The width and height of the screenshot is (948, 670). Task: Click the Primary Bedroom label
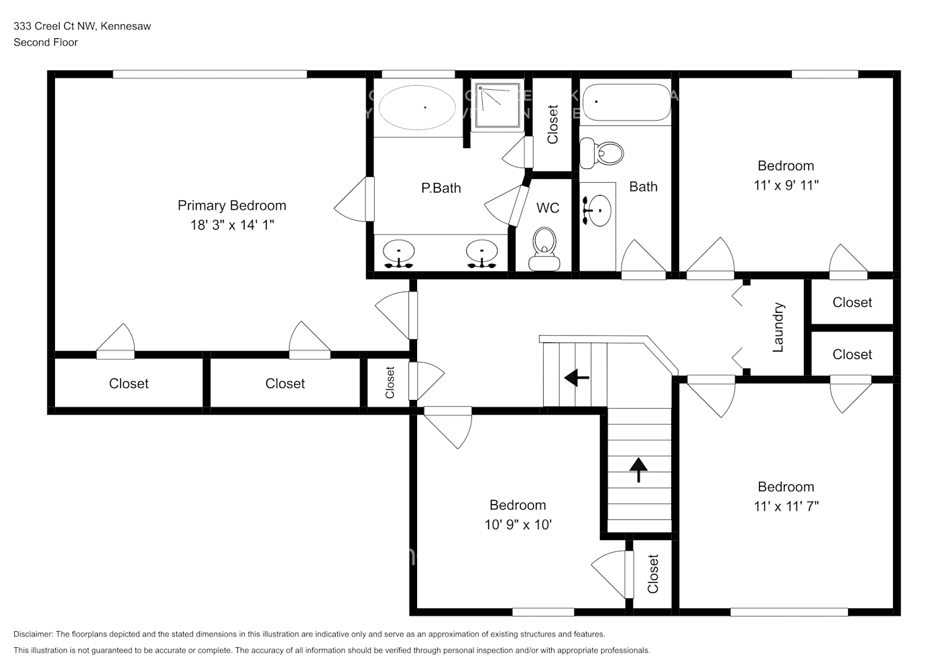pos(231,206)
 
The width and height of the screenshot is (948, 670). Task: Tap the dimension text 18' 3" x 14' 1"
pos(231,225)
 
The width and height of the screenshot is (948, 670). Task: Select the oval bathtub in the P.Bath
pos(417,107)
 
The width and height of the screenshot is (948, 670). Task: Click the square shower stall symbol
pos(497,105)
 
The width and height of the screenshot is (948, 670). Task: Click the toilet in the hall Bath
pos(601,153)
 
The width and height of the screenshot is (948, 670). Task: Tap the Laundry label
pos(778,327)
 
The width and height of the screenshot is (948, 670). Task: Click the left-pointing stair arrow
pos(576,378)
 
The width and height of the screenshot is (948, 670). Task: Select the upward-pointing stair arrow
pos(638,469)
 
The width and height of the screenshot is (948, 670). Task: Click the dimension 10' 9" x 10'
pos(518,525)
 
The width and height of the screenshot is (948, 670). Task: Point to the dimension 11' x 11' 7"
pos(786,507)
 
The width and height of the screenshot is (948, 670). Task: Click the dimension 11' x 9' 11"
pos(786,185)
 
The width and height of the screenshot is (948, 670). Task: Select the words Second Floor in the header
pos(46,42)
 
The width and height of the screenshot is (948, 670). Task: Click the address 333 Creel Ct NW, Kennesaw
pos(82,26)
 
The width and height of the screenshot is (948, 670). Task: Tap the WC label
pos(547,208)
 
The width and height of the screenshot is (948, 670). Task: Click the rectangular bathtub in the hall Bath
pos(626,105)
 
